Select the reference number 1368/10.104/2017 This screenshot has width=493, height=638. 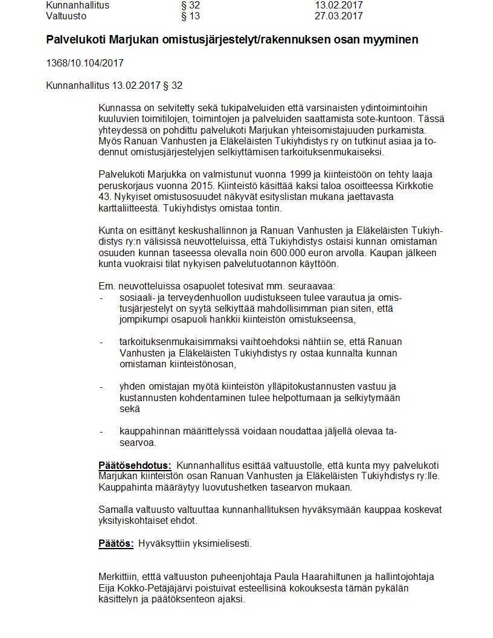[x=85, y=63]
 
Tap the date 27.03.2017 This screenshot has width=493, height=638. [x=338, y=16]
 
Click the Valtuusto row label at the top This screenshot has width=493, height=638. [x=66, y=16]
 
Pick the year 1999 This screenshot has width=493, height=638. [x=274, y=174]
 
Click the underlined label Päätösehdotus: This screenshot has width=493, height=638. [x=135, y=465]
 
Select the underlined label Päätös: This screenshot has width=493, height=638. [x=116, y=543]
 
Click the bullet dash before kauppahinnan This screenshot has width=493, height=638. [x=101, y=431]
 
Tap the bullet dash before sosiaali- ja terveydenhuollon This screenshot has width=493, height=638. [x=101, y=298]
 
